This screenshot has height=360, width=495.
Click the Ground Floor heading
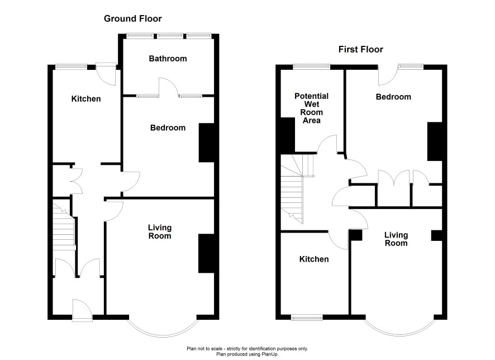pos(132,18)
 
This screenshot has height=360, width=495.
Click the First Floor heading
pos(360,49)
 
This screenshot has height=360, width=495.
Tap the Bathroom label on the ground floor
pos(168,59)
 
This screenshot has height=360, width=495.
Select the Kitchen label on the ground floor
pos(86,99)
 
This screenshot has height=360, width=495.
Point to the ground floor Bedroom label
pos(168,127)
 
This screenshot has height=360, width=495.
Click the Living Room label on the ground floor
pos(160,232)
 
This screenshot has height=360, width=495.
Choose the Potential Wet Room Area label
pos(311,108)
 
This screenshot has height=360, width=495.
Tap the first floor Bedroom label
pos(393,97)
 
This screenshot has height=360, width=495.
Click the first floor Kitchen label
pos(314,259)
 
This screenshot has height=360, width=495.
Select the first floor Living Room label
pos(396,239)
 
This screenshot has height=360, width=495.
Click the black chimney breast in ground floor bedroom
pos(207,143)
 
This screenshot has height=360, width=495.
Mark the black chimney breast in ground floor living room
pos(207,253)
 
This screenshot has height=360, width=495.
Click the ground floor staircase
pos(64,227)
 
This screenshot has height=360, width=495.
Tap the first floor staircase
pos(296,189)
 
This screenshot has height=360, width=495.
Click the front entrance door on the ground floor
pos(82,310)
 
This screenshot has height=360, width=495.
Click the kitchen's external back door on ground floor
pos(106,74)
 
